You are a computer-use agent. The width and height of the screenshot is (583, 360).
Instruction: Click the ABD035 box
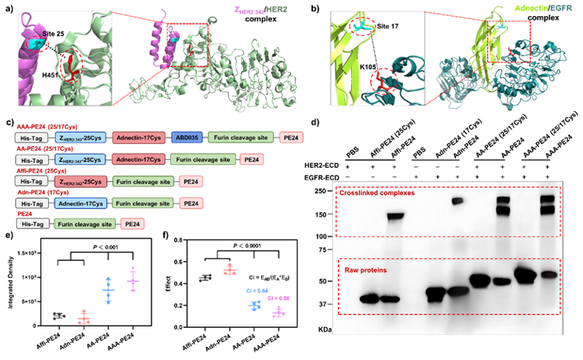185,137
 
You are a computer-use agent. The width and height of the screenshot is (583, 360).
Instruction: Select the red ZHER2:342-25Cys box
77,181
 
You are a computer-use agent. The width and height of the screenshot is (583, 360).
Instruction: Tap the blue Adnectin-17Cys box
77,203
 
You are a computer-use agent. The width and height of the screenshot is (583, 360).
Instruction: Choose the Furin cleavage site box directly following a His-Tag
83,225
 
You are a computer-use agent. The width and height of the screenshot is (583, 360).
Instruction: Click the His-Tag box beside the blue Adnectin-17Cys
31,203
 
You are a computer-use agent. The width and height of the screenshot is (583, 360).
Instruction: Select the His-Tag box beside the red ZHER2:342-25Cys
31,181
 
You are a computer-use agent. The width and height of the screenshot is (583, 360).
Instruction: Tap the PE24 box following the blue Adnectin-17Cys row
190,203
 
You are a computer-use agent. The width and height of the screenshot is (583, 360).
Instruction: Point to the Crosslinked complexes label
381,194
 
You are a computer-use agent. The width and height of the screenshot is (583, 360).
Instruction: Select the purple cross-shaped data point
133,280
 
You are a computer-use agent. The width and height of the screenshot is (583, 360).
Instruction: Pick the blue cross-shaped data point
108,291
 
